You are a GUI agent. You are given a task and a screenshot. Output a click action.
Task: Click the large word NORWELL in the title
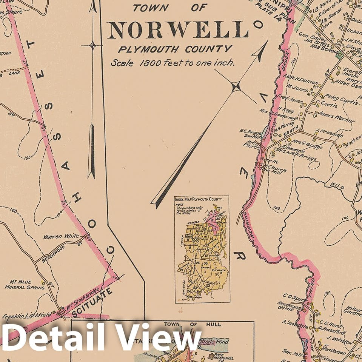[178, 30]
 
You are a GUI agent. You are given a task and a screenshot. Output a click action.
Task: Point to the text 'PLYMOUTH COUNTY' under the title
[174, 49]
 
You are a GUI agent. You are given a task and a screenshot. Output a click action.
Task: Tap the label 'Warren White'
[61, 237]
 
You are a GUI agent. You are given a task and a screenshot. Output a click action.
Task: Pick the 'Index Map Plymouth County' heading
[202, 200]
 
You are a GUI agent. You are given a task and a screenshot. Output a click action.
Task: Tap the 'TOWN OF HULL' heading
[193, 324]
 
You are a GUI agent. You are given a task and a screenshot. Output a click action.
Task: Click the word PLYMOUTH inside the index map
[219, 271]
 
